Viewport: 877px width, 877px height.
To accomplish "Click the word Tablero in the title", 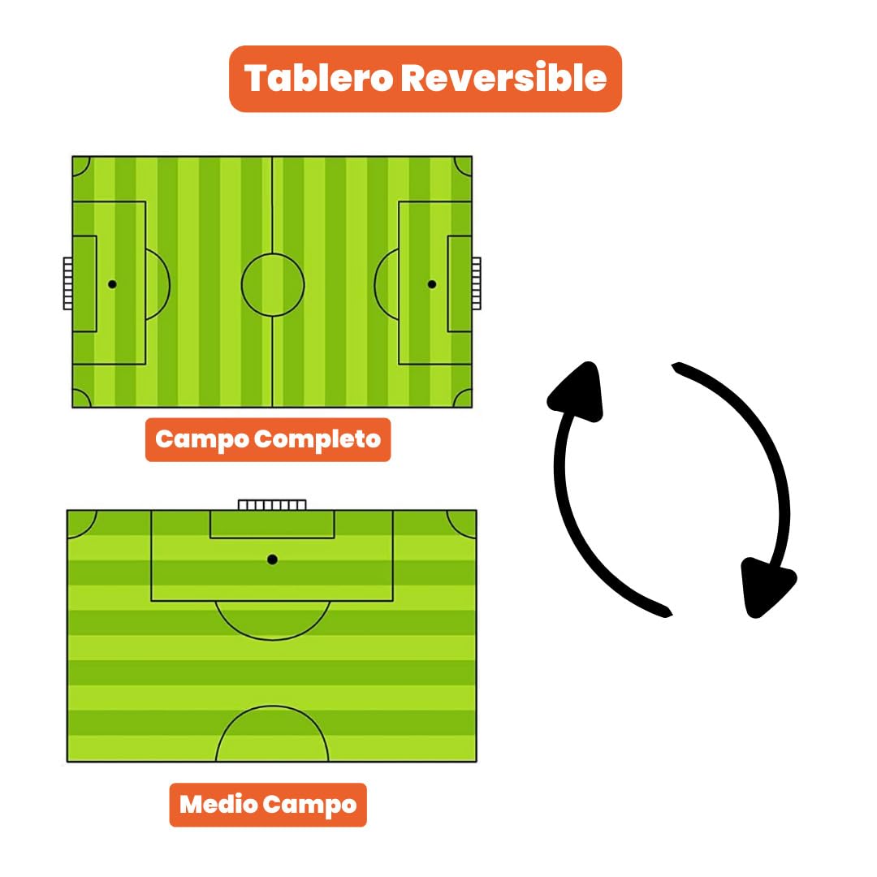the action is (x=319, y=77).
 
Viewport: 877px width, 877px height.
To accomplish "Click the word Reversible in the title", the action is (x=504, y=77).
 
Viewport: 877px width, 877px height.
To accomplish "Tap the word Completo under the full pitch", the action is (x=318, y=439).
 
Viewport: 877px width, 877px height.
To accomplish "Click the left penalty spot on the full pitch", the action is (x=112, y=284).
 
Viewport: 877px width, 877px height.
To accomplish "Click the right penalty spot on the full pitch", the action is (x=432, y=284).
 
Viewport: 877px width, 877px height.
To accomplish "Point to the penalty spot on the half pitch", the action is (x=272, y=559).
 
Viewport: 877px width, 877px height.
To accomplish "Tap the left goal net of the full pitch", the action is (x=67, y=283).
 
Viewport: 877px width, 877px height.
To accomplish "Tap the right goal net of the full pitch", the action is (x=477, y=283).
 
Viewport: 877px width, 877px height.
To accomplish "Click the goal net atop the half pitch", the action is (x=272, y=505).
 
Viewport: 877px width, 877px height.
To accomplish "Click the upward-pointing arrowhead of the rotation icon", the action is (x=578, y=391).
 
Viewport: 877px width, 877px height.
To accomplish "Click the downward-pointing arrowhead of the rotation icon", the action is (x=767, y=587).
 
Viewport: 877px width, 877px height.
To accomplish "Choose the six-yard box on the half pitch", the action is (x=272, y=538).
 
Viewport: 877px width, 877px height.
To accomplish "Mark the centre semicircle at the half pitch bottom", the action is (x=272, y=706).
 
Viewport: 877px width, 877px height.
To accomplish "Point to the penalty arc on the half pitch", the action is (x=272, y=639).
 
